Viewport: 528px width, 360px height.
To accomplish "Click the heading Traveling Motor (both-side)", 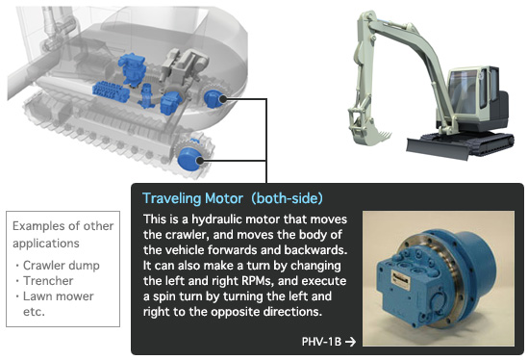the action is coord(233,198).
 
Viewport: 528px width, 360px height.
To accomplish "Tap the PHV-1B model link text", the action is coord(321,342).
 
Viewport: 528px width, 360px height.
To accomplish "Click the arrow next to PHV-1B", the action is coord(350,342).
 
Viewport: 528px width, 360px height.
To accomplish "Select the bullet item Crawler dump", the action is coord(61,266).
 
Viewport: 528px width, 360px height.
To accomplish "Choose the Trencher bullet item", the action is coord(48,280).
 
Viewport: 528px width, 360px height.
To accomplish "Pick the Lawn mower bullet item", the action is coord(59,296).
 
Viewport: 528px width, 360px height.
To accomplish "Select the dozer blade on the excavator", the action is coord(437,148).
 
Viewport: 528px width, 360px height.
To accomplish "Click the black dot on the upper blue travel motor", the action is coord(222,99).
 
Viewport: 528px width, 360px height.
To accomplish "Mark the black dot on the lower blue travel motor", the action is coord(200,161).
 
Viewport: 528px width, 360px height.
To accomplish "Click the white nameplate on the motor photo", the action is coord(400,280).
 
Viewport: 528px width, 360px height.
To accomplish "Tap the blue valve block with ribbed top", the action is coord(111,91).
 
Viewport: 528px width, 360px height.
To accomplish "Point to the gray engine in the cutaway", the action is coord(184,67).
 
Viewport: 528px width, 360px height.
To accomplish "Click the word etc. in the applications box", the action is coord(34,312).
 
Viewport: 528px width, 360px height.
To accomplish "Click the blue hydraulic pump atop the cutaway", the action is coord(133,68).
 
